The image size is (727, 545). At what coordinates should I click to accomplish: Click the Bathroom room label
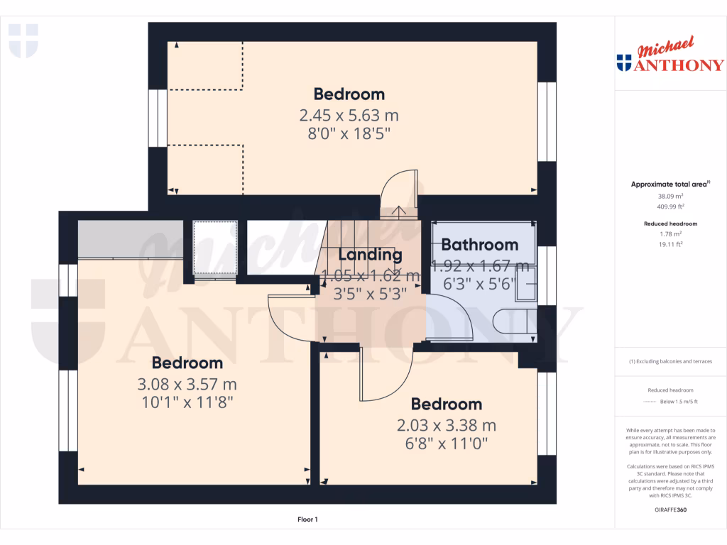pos(479,245)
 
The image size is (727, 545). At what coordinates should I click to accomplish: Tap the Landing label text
pos(370,255)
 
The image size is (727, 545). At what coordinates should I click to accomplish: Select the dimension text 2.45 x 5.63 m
pos(349,115)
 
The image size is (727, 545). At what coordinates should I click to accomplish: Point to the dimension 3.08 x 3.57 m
pos(187,385)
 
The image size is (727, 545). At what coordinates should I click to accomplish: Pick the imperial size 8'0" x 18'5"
pos(349,133)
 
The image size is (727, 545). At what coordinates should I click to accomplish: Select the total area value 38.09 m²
pos(670,196)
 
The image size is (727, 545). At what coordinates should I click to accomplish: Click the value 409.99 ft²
pos(670,207)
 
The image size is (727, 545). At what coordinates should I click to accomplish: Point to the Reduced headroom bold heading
pos(670,224)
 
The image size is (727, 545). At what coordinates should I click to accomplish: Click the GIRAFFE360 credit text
pos(670,510)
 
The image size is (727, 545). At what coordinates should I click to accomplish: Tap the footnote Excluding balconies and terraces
pos(670,361)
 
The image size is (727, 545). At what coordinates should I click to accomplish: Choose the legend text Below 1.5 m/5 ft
pos(679,402)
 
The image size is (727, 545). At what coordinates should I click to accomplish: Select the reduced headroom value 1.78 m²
pos(670,233)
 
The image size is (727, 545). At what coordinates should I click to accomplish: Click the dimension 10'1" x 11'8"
pos(187,402)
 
